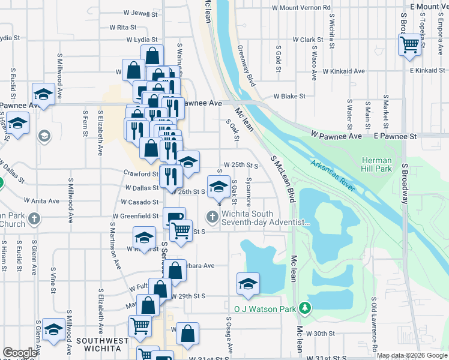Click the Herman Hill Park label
click(x=376, y=165)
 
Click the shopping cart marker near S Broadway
click(x=409, y=44)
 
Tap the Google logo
click(x=20, y=353)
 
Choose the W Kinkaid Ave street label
click(x=343, y=71)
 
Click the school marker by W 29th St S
click(x=248, y=284)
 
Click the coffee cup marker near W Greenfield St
click(x=174, y=217)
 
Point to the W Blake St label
click(x=289, y=96)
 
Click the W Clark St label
click(x=308, y=40)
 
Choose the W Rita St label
click(x=124, y=27)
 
